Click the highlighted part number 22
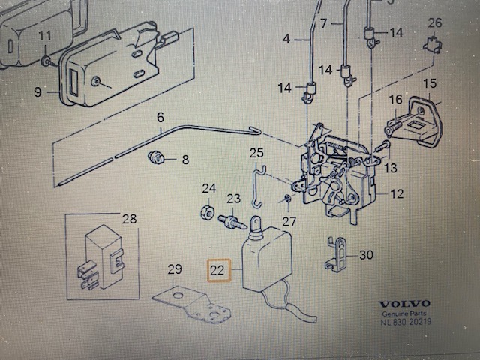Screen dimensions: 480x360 (217, 270)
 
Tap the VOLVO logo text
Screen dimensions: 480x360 (405, 304)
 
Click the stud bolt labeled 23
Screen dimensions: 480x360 (232, 222)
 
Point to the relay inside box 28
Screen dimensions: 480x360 (100, 257)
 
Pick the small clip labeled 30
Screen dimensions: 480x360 (335, 253)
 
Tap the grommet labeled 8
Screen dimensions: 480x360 (156, 157)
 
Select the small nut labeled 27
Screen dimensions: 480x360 (288, 199)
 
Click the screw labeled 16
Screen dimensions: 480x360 (395, 126)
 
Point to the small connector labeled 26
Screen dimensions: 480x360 (433, 46)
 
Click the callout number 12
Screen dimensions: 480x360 (397, 194)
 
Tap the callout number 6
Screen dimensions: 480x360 (160, 118)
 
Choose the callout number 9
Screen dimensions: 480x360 (37, 91)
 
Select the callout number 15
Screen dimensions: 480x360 (429, 83)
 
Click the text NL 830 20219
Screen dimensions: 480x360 (406, 322)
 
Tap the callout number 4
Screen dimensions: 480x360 (286, 39)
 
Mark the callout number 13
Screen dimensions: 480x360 (391, 168)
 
